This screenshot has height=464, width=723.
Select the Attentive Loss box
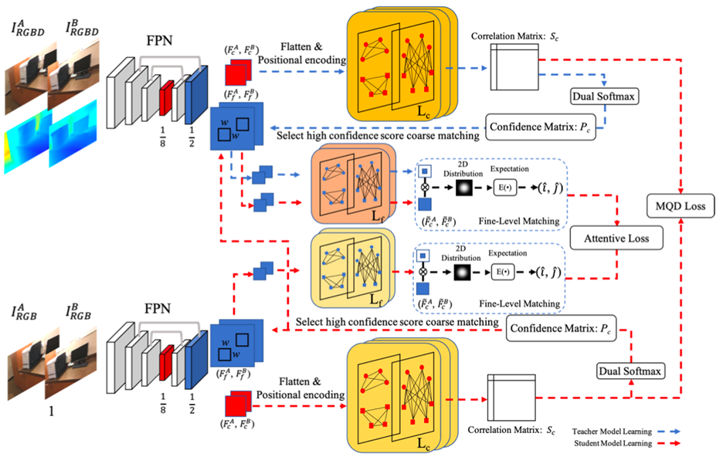tap(618, 239)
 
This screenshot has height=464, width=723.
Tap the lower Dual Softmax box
tap(631, 371)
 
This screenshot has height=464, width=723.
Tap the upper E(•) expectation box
tap(505, 187)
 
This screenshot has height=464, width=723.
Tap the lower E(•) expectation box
tap(505, 273)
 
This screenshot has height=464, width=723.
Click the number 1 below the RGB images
tap(52, 412)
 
